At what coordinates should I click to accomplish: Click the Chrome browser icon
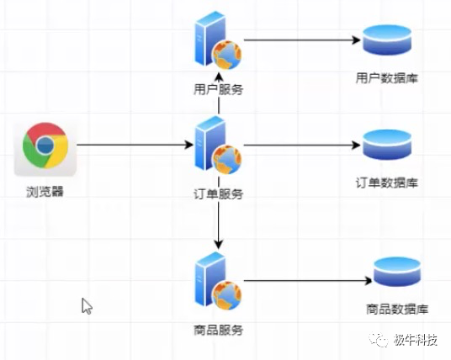coord(45,147)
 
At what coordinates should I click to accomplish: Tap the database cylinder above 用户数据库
coord(386,42)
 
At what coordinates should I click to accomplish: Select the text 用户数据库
coord(386,79)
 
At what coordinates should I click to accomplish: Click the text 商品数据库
coord(396,309)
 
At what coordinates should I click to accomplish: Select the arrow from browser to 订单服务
coord(135,146)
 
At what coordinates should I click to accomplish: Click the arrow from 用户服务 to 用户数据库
coord(299,39)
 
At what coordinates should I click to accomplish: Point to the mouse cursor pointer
coord(86,305)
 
